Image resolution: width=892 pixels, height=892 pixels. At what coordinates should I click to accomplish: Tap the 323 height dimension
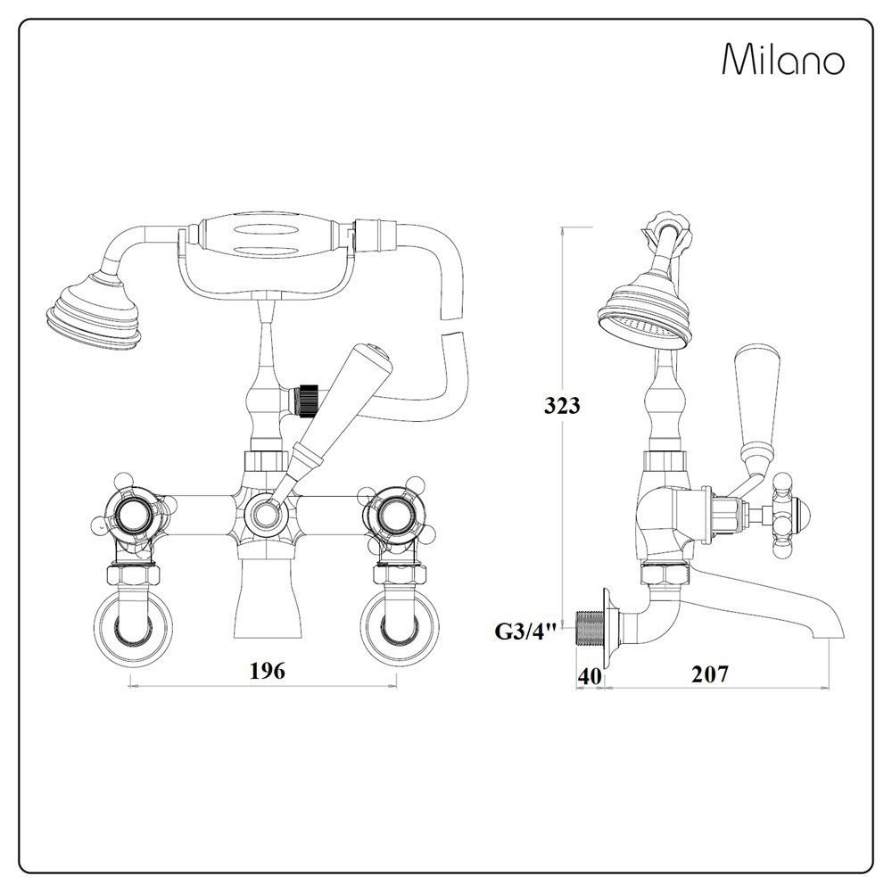pos(563,406)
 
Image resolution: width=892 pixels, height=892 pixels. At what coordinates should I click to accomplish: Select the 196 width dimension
pos(267,672)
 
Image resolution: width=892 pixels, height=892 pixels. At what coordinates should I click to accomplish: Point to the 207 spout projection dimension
pos(710,674)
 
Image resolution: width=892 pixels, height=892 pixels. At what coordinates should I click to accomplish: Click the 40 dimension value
pos(589,675)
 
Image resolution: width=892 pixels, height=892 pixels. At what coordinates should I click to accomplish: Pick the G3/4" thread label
pos(526,632)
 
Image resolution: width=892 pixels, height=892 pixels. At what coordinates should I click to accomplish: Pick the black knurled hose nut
pos(309,399)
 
